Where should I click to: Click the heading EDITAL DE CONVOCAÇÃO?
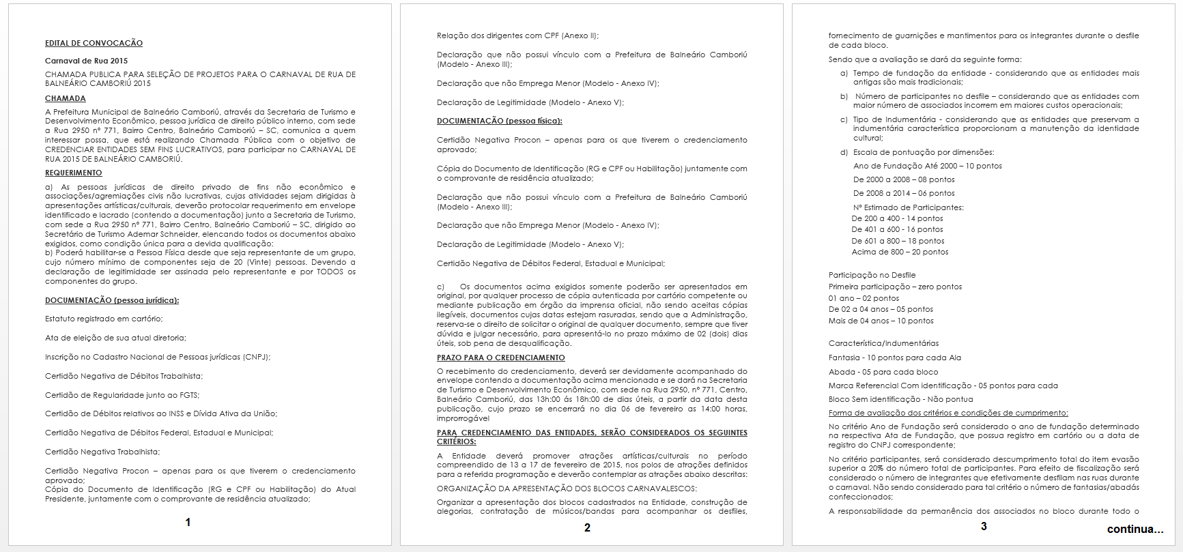94,43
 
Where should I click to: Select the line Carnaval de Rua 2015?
86,61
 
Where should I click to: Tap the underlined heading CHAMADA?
66,98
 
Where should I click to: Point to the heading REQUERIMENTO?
74,173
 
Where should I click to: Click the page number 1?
188,523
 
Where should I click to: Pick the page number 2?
587,527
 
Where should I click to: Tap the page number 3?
984,526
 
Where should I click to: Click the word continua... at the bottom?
1135,529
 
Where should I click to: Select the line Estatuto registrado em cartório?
104,319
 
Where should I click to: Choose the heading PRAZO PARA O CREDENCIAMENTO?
501,358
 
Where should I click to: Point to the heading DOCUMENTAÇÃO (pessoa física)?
500,121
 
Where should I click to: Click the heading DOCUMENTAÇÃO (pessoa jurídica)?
112,300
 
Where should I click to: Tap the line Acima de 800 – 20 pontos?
900,252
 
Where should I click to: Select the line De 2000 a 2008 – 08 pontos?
904,179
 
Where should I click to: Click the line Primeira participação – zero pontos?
895,287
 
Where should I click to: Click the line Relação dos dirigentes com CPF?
517,35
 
